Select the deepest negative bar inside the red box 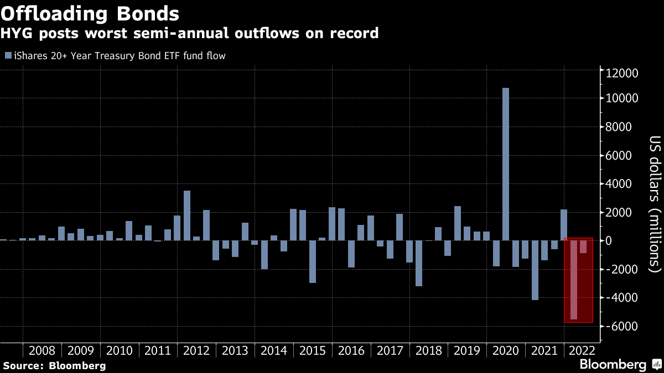click(573, 280)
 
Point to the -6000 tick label click(622, 326)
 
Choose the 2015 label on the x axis click(313, 350)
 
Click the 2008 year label click(41, 350)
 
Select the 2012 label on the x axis click(196, 350)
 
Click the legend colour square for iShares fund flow click(8, 55)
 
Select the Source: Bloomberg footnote click(54, 365)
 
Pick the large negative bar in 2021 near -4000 click(535, 270)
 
